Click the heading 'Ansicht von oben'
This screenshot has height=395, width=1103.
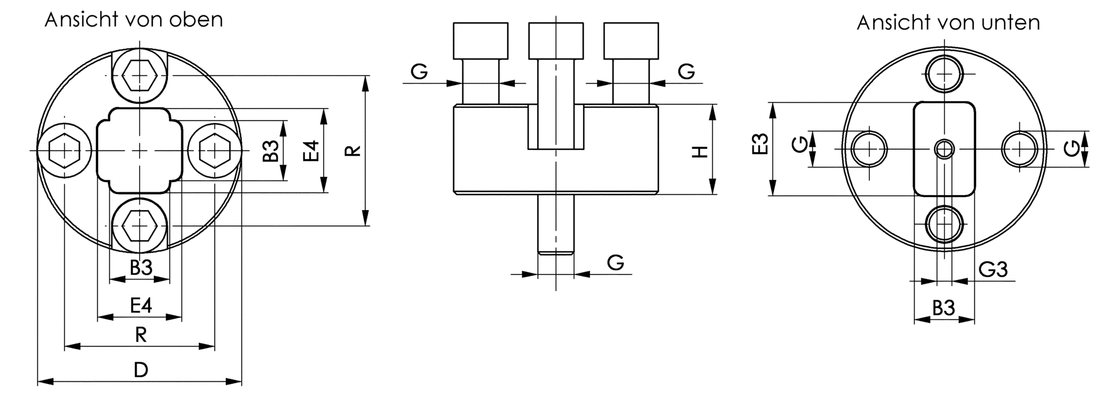(x=133, y=20)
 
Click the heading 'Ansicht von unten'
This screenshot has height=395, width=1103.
(x=948, y=23)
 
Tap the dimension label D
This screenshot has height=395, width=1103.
(x=141, y=370)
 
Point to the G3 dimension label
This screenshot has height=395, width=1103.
(x=993, y=269)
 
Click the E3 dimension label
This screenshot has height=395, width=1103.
(x=760, y=145)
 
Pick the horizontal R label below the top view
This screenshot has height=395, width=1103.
(x=141, y=335)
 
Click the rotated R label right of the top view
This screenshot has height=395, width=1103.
(x=353, y=151)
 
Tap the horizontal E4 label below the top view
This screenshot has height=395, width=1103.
(x=141, y=305)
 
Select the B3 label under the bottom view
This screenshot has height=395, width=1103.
(x=943, y=309)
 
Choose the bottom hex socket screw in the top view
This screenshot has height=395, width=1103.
(x=140, y=225)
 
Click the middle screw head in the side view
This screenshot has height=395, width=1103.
(x=556, y=40)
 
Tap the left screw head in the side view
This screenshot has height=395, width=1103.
(x=480, y=40)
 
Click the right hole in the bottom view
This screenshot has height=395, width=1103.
(x=1020, y=149)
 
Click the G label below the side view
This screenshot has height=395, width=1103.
(x=615, y=263)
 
